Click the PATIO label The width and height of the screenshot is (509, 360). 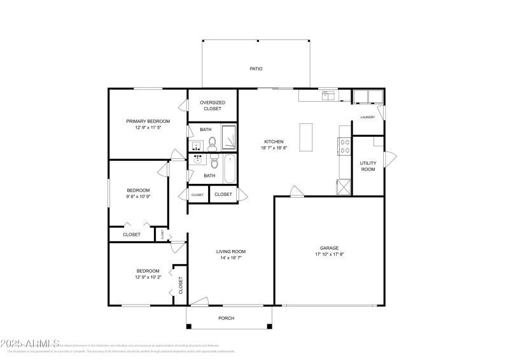click(256, 69)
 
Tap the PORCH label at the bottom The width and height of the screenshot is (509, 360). click(226, 318)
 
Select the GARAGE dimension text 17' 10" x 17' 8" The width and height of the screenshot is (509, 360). click(329, 254)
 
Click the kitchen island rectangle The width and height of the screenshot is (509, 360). click(306, 137)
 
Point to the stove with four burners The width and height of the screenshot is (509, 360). click(345, 147)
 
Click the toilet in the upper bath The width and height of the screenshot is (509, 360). click(213, 141)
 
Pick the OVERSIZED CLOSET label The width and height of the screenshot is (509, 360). click(213, 106)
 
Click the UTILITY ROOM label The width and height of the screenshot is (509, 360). click(368, 166)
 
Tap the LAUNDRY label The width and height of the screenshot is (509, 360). click(368, 117)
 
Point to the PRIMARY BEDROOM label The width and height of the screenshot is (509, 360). click(148, 121)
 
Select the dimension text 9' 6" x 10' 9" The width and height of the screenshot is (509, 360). click(138, 197)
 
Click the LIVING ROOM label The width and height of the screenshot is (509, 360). click(232, 251)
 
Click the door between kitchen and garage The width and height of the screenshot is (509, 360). click(296, 191)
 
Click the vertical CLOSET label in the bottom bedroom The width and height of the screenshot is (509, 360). click(181, 284)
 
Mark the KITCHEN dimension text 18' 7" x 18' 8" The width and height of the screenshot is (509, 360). click(274, 148)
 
